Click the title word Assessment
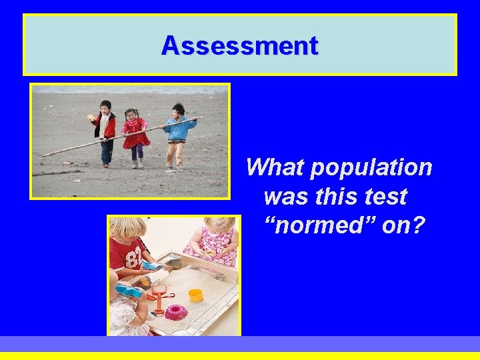[240, 46]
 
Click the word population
[372, 167]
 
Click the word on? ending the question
[403, 226]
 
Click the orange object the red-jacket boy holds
[92, 118]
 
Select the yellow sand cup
[195, 295]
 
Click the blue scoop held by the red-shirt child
[151, 265]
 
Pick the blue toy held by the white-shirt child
[129, 290]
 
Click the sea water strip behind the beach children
[130, 89]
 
